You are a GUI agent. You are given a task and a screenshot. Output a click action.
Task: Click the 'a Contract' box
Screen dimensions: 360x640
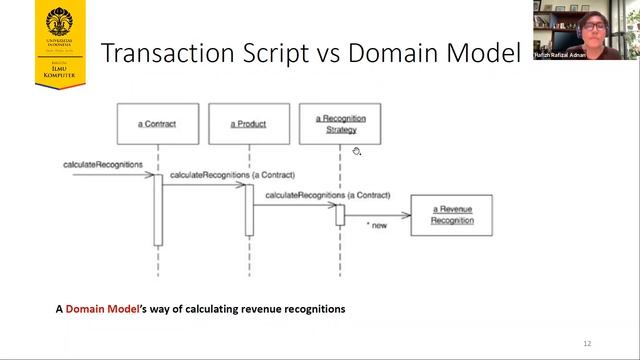coord(157,124)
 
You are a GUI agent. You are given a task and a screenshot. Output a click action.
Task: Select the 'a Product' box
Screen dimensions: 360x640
coord(249,124)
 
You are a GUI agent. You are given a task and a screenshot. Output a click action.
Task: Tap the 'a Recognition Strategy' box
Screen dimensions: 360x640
coord(341,124)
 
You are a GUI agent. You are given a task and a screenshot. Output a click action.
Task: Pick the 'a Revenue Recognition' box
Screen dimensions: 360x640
coord(451,214)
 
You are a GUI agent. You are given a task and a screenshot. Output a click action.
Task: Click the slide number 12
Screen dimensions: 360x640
coord(587,343)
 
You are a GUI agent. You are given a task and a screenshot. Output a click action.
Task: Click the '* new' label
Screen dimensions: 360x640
coord(376,226)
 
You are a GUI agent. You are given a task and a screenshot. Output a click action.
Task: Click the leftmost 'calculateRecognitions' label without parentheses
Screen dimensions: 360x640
coord(103,163)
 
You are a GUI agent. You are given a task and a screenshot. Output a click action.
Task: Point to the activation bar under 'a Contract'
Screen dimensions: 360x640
coord(158,209)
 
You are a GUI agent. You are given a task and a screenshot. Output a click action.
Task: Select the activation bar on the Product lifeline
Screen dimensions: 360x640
coord(249,210)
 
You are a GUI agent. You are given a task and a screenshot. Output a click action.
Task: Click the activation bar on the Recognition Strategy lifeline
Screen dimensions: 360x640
coord(340,214)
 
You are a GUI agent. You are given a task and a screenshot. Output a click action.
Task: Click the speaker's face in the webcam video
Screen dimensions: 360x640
coord(591,24)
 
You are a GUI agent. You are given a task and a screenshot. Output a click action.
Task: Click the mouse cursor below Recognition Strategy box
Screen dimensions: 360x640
coord(356,151)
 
